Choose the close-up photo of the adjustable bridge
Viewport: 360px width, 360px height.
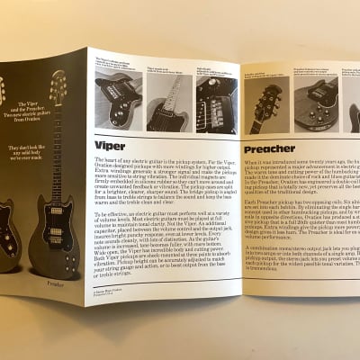tap(215, 103)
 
